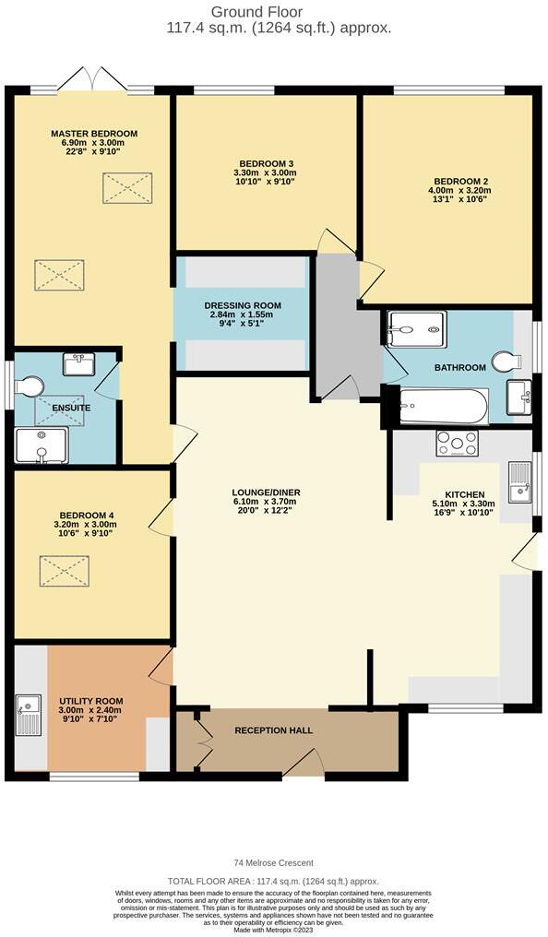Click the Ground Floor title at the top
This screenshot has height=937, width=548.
point(274,11)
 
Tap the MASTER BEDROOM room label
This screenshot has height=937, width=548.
point(93,134)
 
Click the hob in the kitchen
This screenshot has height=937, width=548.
point(458,444)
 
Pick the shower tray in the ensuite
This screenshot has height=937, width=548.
point(42,445)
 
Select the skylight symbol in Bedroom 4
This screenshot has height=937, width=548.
point(64,571)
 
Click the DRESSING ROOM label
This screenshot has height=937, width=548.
point(242,306)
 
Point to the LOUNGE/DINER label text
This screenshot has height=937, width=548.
point(266,492)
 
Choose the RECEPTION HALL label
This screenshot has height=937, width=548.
point(273,730)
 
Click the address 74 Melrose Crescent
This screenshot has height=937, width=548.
point(274,863)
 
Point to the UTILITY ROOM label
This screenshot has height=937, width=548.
point(90,702)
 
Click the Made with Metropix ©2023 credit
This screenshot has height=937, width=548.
point(274,929)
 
